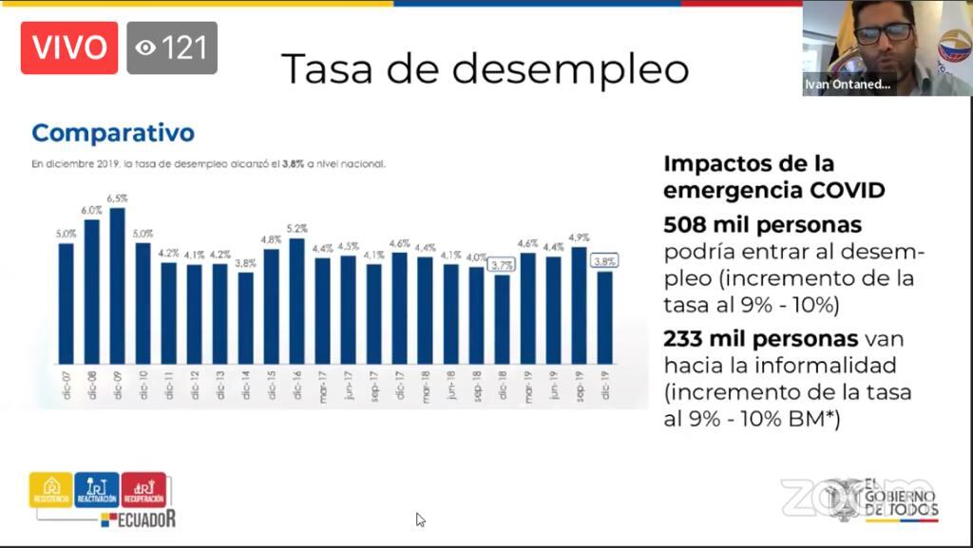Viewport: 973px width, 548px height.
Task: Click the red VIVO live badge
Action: click(x=69, y=47)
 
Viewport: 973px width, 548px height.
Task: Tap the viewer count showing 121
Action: click(x=172, y=47)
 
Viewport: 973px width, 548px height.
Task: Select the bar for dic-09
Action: click(x=117, y=285)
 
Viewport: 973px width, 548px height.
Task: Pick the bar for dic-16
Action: click(x=296, y=299)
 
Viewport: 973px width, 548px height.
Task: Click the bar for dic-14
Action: click(x=245, y=318)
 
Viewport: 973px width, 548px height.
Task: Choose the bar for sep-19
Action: click(x=579, y=304)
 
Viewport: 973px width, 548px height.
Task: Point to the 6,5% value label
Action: click(x=117, y=198)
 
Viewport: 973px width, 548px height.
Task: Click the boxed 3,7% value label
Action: click(x=502, y=265)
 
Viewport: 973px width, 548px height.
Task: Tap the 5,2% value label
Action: click(x=296, y=229)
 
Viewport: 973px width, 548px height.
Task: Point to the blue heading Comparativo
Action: click(x=112, y=133)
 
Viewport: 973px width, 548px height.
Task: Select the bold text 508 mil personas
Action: click(x=762, y=225)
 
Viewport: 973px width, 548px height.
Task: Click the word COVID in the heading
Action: click(x=844, y=189)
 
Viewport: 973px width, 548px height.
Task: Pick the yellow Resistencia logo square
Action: click(x=50, y=489)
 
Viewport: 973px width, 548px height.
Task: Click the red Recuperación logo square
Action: click(x=143, y=489)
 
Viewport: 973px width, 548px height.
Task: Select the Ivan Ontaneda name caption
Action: click(x=848, y=85)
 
